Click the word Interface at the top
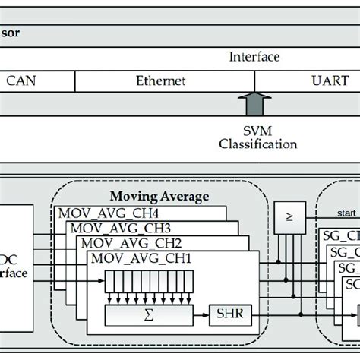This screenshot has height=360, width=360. [x=254, y=57]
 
